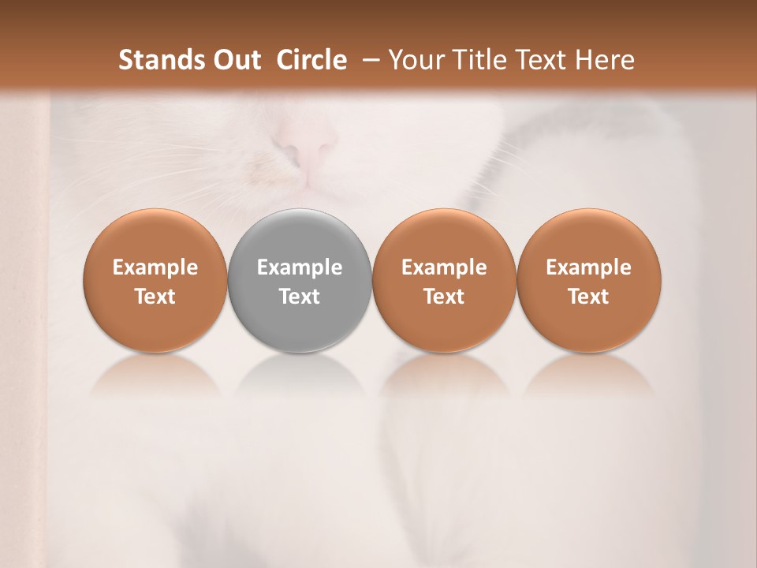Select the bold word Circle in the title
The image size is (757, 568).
pyautogui.click(x=311, y=60)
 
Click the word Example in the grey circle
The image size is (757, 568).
pyautogui.click(x=300, y=267)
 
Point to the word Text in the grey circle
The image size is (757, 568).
pyautogui.click(x=300, y=297)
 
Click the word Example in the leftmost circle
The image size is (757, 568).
pyautogui.click(x=155, y=267)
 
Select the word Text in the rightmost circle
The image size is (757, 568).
pyautogui.click(x=588, y=297)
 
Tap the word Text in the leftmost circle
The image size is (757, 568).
pyautogui.click(x=155, y=297)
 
